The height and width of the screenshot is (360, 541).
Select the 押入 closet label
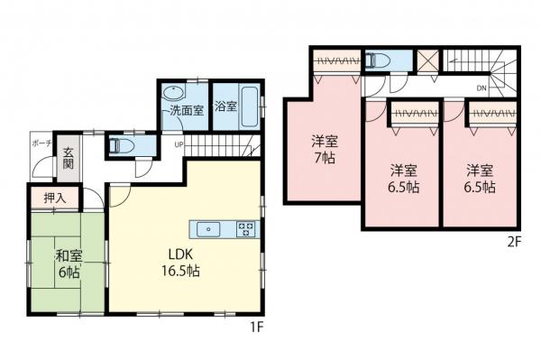pyautogui.click(x=42, y=197)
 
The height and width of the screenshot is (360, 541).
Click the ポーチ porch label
pyautogui.click(x=40, y=144)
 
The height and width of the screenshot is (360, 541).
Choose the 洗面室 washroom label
pyautogui.click(x=188, y=109)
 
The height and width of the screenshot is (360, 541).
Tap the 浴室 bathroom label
pyautogui.click(x=226, y=106)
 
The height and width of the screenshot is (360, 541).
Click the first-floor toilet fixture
pyautogui.click(x=119, y=143)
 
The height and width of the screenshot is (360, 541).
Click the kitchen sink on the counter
pyautogui.click(x=209, y=228)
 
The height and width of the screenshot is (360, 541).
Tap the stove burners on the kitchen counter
pyautogui.click(x=245, y=228)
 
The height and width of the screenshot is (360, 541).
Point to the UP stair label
pyautogui.click(x=179, y=143)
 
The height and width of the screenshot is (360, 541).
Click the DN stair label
pyautogui.click(x=481, y=88)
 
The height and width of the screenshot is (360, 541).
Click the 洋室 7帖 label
pyautogui.click(x=325, y=149)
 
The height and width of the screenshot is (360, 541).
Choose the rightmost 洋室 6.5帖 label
pyautogui.click(x=479, y=179)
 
